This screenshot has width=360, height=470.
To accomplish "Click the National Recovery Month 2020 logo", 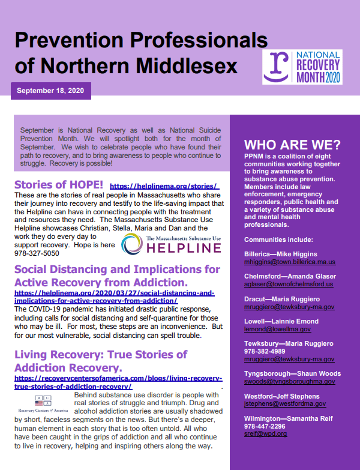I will (302, 67).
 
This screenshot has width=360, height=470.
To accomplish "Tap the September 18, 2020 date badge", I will (51, 91).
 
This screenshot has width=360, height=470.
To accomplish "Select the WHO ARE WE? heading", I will (292, 145).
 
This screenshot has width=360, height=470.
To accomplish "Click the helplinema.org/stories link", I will (164, 186).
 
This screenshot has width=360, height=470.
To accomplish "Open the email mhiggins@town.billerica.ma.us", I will (290, 262).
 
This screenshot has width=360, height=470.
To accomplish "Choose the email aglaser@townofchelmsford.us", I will (289, 285).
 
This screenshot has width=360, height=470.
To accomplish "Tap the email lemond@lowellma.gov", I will (277, 329).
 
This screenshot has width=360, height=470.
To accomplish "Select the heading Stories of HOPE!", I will (59, 184).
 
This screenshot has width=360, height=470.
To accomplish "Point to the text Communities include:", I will (279, 240).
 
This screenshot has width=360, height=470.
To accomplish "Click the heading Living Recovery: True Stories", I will (101, 354).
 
